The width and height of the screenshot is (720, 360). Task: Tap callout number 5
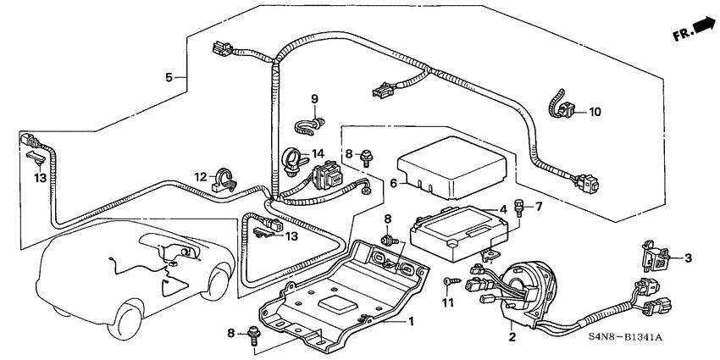coord(170,77)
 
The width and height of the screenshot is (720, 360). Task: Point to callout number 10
coord(595,111)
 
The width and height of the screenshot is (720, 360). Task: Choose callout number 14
coord(318,153)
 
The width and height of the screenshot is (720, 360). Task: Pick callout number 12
coord(200,176)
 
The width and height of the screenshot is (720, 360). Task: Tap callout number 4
coord(503,209)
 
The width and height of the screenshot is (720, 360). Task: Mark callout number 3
coord(687,257)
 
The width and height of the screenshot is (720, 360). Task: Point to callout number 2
coord(512,336)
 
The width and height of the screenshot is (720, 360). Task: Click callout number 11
coord(450,302)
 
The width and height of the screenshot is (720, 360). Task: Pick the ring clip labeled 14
coord(291,158)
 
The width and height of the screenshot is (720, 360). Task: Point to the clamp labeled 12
coord(225,177)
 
